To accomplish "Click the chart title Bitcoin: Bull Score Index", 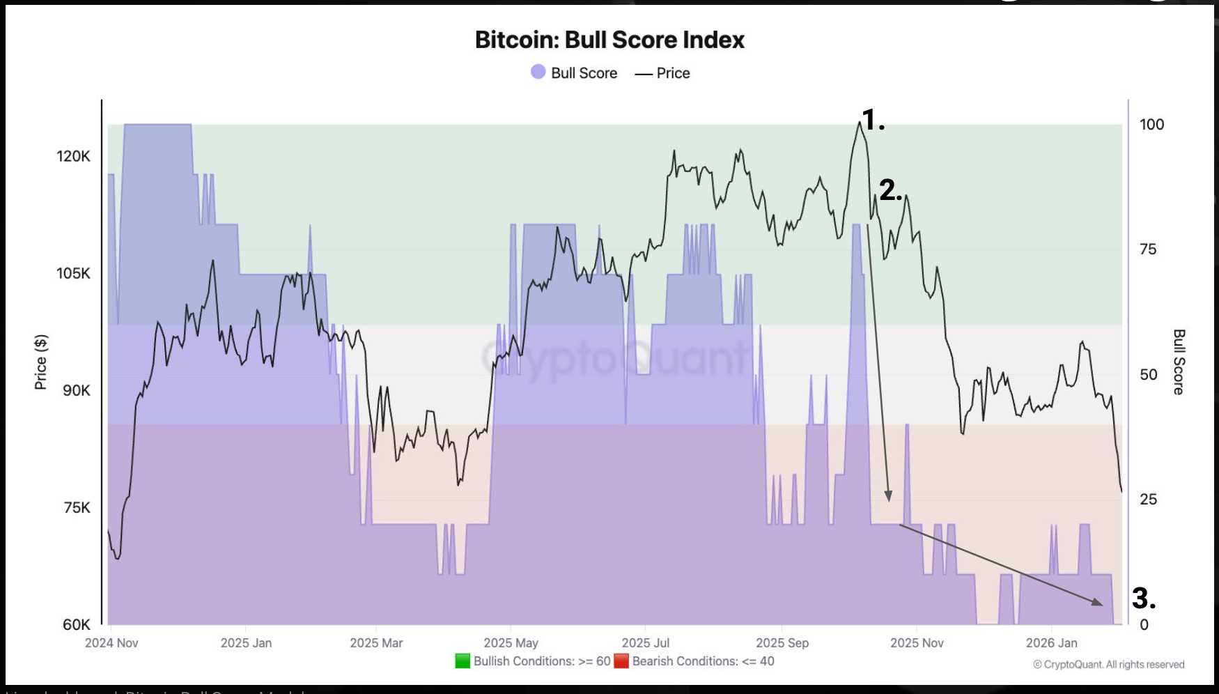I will (609, 40).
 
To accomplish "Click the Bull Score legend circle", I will (538, 72).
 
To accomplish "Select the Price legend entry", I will (662, 73).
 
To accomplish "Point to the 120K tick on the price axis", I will (73, 156).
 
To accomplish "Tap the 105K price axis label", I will (73, 273).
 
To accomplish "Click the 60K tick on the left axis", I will (76, 624).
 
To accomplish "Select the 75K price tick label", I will (76, 507).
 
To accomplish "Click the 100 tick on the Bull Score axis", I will (1151, 124).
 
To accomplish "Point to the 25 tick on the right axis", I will (1148, 499).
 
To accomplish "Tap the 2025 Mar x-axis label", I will (376, 642).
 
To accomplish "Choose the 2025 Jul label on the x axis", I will (645, 642).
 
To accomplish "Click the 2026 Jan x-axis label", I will (1051, 642).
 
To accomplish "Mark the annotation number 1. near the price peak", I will (873, 120).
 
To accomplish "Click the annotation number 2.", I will (890, 190).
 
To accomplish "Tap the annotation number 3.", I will (1143, 598).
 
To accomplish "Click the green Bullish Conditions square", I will (463, 661).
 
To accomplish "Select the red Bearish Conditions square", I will (621, 661).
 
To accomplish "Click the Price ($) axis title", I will (41, 362).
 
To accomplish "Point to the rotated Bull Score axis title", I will (1179, 362).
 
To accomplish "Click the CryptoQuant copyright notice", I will (1108, 664).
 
